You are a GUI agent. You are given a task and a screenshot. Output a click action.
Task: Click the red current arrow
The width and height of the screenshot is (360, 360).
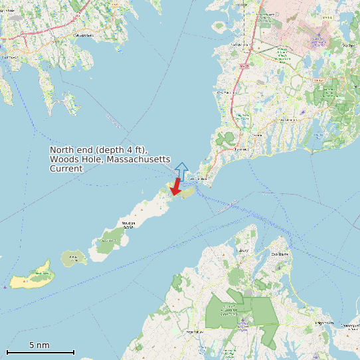[176, 187]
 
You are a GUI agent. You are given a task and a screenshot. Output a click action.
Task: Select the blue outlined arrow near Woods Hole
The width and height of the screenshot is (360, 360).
[181, 171]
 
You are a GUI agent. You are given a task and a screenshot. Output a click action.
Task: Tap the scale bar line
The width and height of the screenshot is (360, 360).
[40, 352]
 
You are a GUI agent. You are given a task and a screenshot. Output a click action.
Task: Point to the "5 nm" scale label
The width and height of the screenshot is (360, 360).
[39, 345]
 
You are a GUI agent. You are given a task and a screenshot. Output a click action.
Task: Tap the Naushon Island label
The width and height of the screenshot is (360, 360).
[129, 224]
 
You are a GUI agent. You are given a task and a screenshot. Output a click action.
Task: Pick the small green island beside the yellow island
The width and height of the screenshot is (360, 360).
[73, 258]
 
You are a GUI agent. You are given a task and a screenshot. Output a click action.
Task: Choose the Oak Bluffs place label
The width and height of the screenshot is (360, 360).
[280, 254]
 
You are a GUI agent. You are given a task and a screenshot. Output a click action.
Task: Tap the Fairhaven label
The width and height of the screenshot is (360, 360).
[9, 57]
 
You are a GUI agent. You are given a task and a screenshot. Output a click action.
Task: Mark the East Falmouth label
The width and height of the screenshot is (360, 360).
[288, 120]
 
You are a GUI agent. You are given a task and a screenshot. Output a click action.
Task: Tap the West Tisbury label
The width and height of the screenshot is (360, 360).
[195, 331]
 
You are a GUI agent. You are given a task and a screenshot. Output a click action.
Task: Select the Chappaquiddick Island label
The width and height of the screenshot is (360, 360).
[350, 326]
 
